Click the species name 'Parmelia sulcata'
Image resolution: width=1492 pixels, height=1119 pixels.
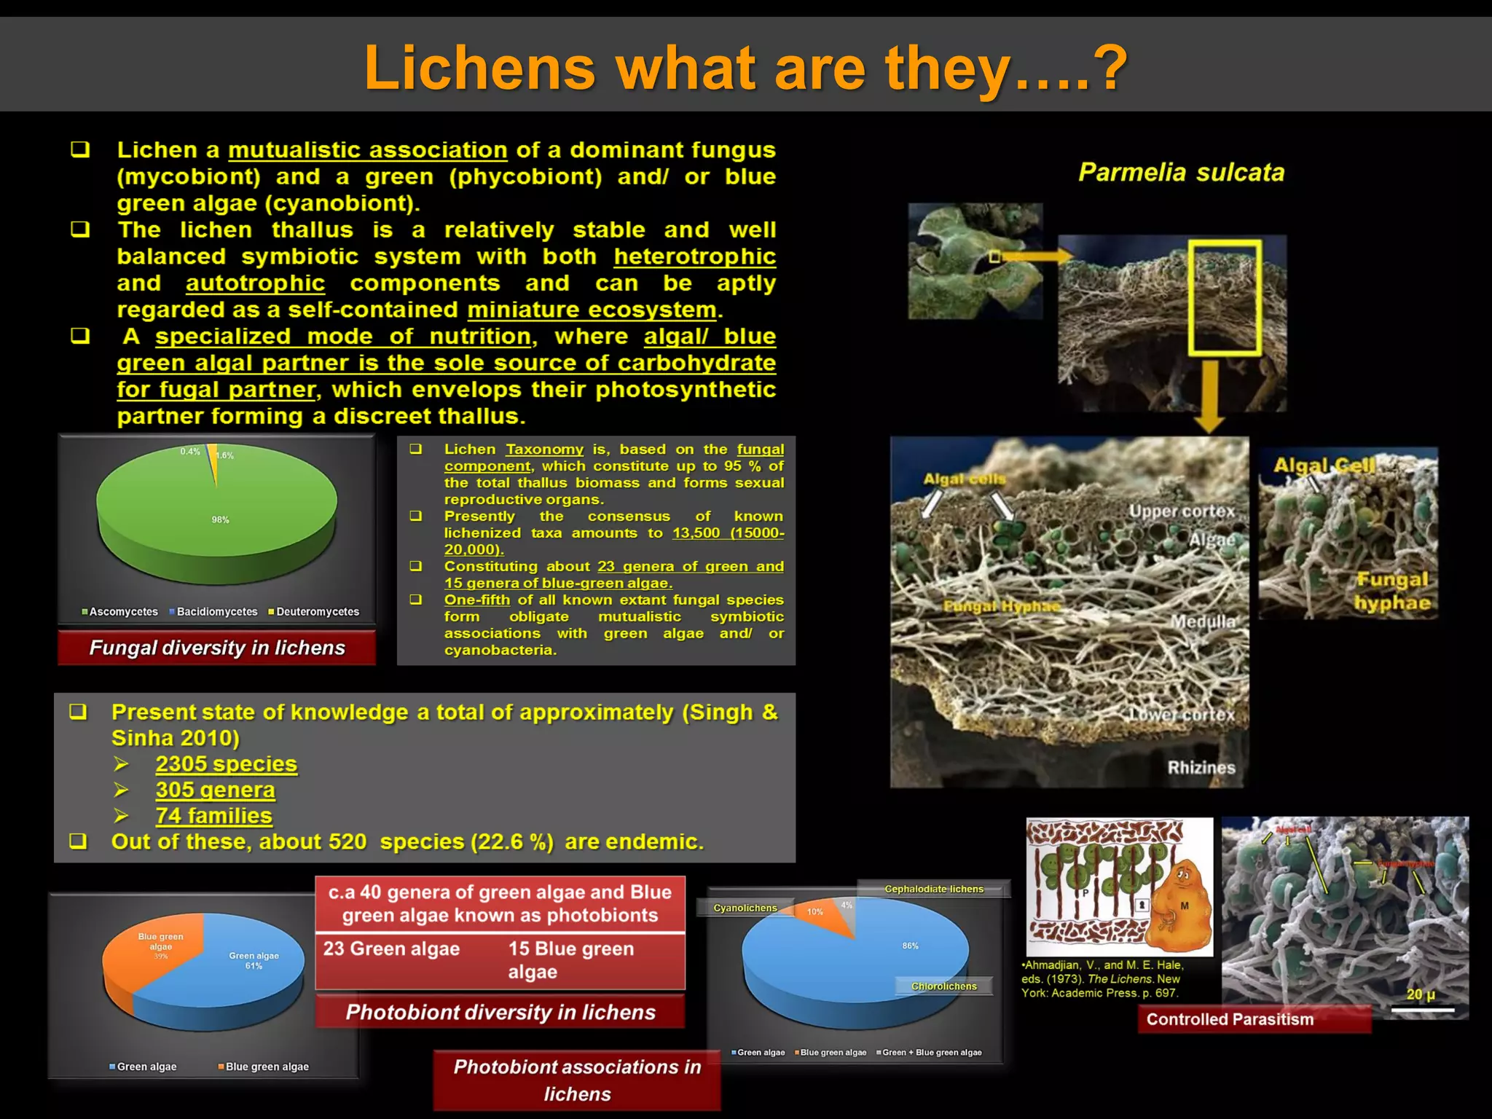click(x=1181, y=173)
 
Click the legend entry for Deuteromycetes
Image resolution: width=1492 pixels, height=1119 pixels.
click(x=314, y=612)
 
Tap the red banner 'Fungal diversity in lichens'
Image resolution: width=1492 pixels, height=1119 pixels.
click(x=216, y=648)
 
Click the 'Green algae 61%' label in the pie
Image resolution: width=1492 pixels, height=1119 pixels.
click(x=254, y=960)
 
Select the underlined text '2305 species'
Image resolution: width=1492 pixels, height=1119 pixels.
click(x=226, y=764)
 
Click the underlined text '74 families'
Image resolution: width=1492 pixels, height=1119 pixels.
click(x=213, y=816)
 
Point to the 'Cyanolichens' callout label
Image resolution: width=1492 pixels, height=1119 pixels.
click(x=745, y=908)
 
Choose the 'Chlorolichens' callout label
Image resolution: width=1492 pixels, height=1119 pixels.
click(x=943, y=986)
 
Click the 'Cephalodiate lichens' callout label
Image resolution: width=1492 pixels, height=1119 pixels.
click(x=933, y=889)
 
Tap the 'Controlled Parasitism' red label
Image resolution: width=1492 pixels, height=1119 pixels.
click(x=1230, y=1019)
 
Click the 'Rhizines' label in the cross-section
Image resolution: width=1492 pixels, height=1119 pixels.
click(x=1201, y=768)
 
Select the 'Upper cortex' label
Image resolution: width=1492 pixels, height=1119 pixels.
click(x=1182, y=511)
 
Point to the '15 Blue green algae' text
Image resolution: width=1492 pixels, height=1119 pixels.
click(x=570, y=959)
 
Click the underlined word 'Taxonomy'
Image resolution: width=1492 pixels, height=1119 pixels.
click(x=544, y=449)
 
